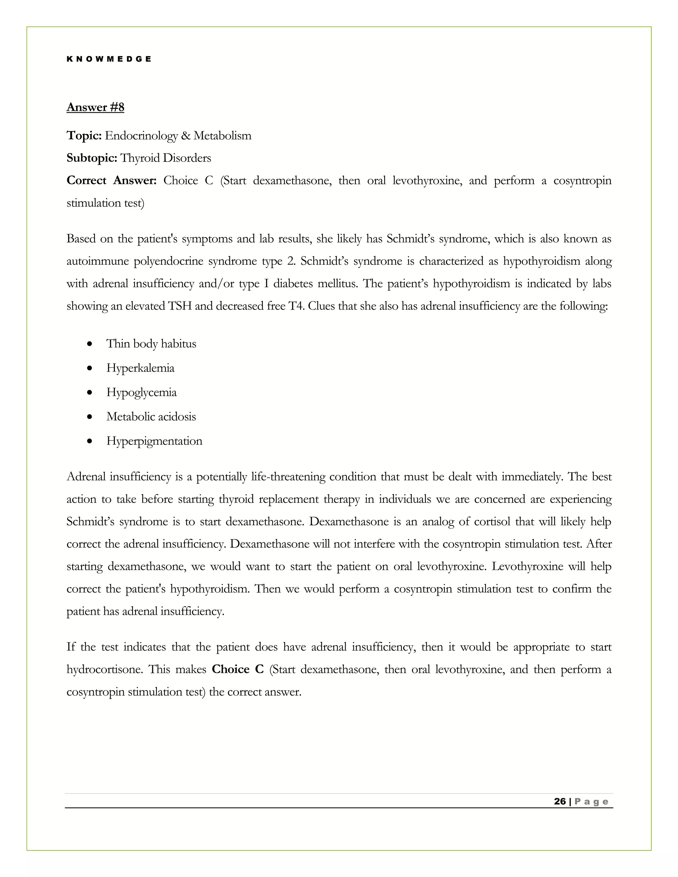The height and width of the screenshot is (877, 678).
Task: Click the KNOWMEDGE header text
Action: click(x=109, y=59)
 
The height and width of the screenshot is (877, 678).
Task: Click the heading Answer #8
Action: click(x=95, y=107)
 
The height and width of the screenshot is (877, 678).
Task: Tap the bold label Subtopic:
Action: click(x=92, y=158)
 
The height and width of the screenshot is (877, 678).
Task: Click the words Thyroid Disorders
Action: click(x=166, y=158)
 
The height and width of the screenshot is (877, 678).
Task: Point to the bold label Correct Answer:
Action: click(x=111, y=181)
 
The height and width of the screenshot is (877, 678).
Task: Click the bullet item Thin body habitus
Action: click(x=151, y=344)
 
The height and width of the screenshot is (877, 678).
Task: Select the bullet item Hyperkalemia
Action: click(x=140, y=368)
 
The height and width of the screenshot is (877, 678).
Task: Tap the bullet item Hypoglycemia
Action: click(x=141, y=392)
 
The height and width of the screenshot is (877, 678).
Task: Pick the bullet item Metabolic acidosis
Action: click(x=151, y=417)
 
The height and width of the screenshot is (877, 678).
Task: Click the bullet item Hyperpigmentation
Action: click(x=154, y=441)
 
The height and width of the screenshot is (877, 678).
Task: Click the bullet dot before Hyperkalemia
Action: click(x=90, y=369)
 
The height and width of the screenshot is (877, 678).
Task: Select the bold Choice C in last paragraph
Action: click(x=237, y=669)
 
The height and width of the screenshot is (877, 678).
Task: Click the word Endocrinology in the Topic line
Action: click(x=141, y=136)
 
